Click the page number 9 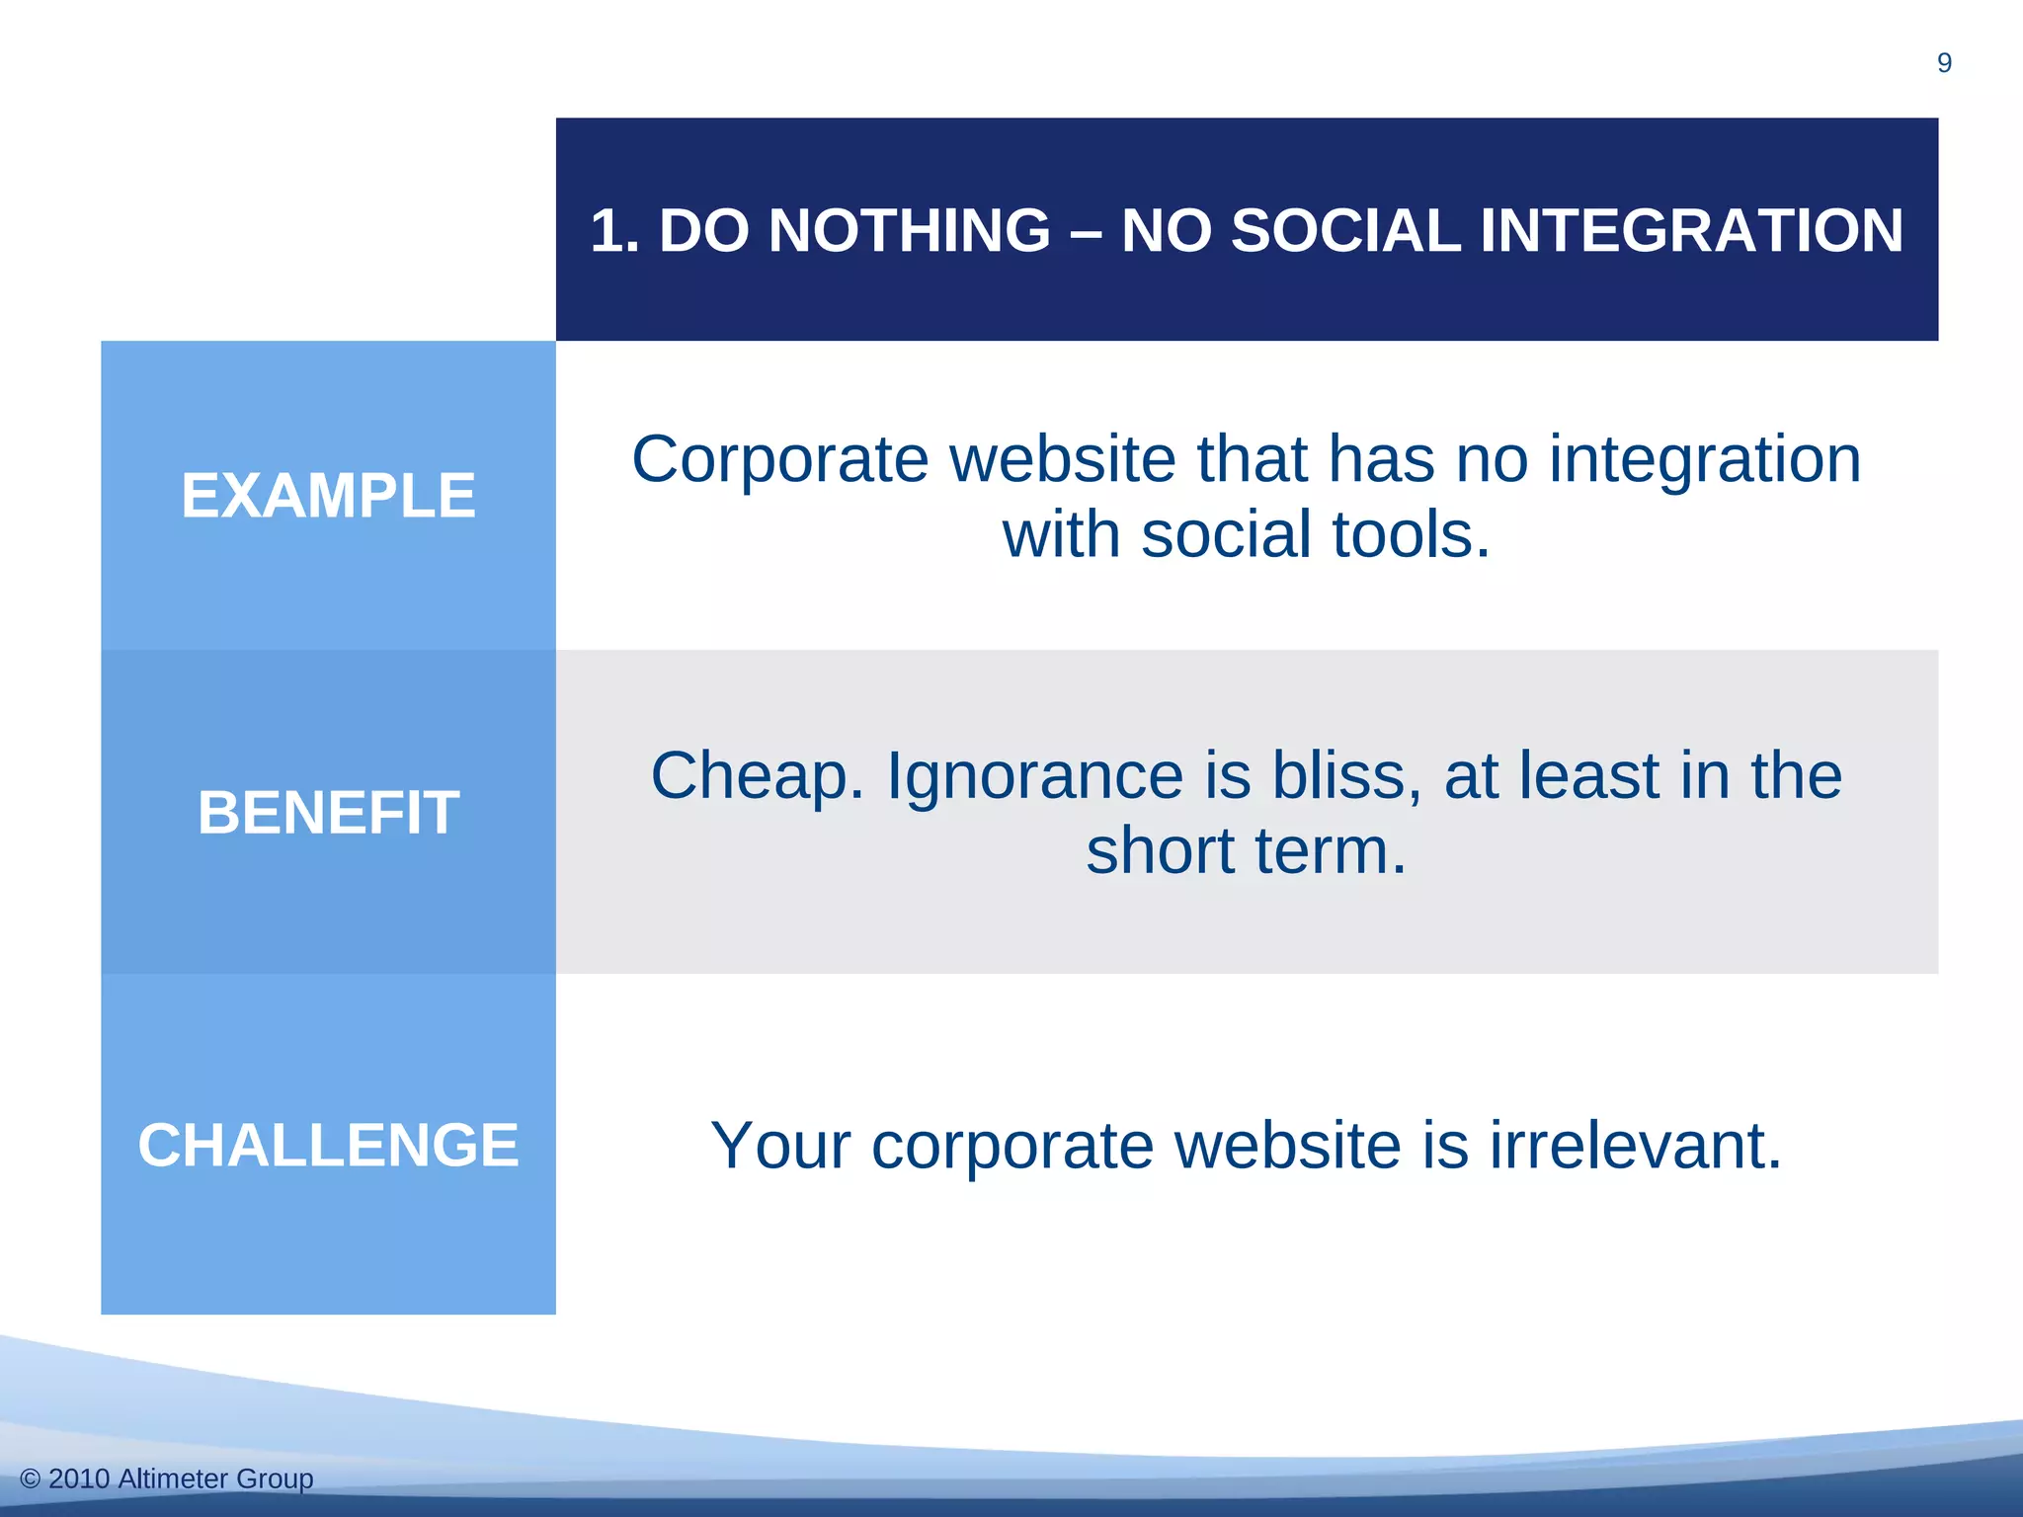pyautogui.click(x=1944, y=63)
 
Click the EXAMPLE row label pyautogui.click(x=328, y=496)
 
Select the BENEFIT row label pyautogui.click(x=328, y=813)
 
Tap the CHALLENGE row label pyautogui.click(x=328, y=1146)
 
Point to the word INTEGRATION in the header pyautogui.click(x=1690, y=231)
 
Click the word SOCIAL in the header pyautogui.click(x=1344, y=231)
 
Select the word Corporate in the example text pyautogui.click(x=780, y=460)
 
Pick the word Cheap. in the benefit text pyautogui.click(x=757, y=776)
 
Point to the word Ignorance pyautogui.click(x=1034, y=776)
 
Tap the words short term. pyautogui.click(x=1246, y=851)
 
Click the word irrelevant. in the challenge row pyautogui.click(x=1636, y=1146)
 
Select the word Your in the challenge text pyautogui.click(x=780, y=1146)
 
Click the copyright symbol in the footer pyautogui.click(x=31, y=1479)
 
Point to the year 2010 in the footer pyautogui.click(x=79, y=1479)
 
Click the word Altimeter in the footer pyautogui.click(x=173, y=1479)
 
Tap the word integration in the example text pyautogui.click(x=1705, y=460)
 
